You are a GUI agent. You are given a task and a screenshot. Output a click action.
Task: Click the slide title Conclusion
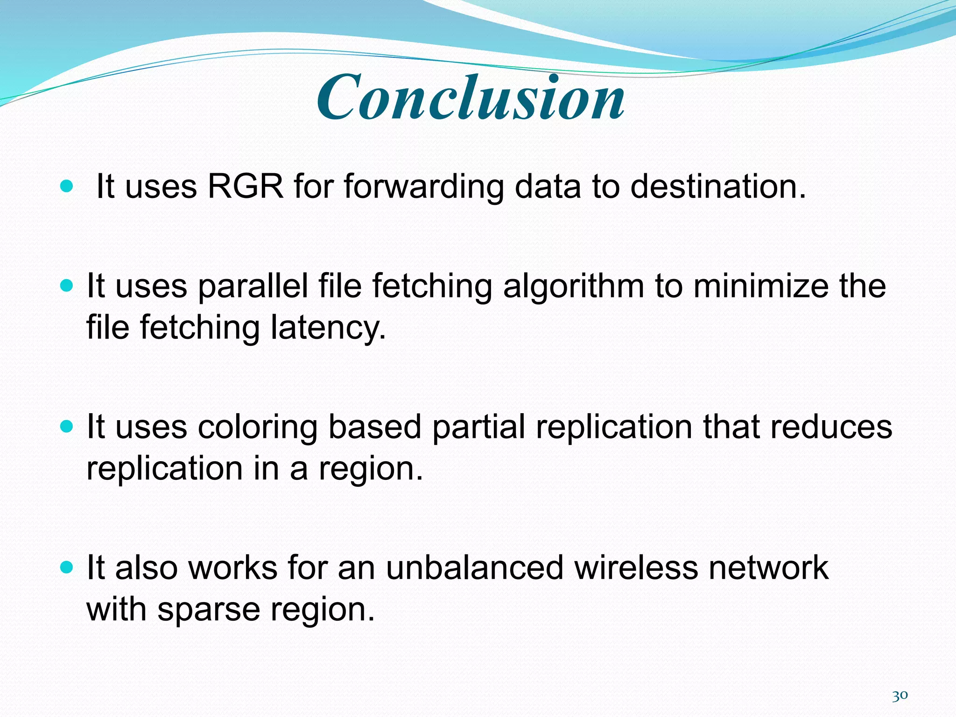coord(471,98)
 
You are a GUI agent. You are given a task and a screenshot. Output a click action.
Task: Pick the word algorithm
coord(573,286)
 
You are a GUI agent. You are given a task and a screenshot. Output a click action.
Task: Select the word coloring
coord(257,428)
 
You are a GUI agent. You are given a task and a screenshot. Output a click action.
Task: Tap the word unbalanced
coord(475,568)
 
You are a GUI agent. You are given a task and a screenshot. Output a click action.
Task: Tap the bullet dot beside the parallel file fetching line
coord(67,286)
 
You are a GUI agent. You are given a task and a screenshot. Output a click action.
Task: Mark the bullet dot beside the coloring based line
coord(67,427)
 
